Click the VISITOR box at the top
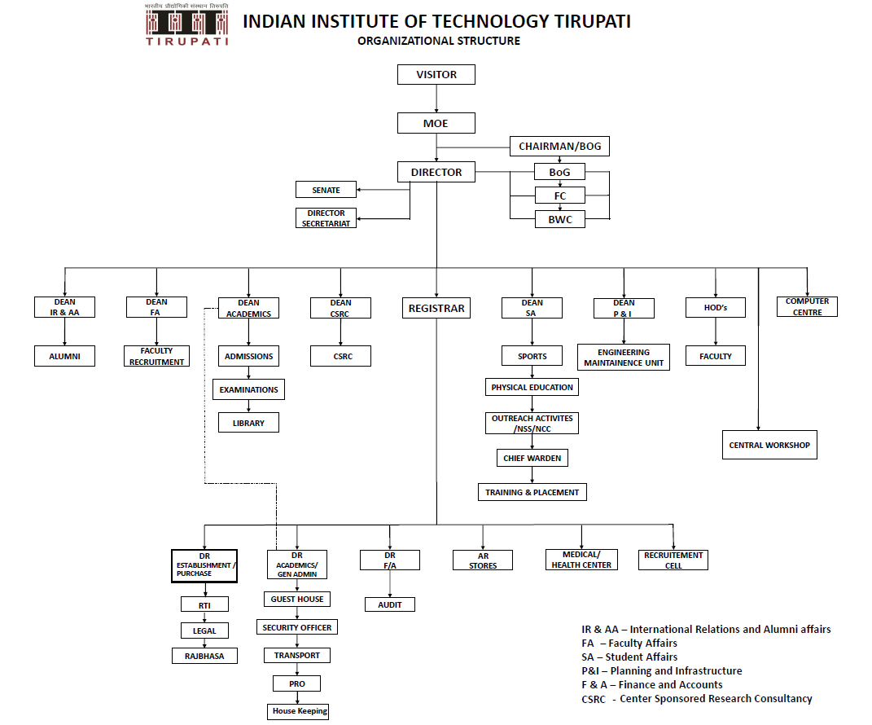436,75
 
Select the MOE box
436,124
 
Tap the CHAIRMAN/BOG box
559,147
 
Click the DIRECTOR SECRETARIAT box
326,218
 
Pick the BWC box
559,219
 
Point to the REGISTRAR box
436,309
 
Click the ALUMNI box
64,356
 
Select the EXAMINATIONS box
248,389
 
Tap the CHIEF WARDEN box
532,458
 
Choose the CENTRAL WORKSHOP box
769,446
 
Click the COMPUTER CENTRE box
807,306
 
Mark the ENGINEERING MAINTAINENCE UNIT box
624,358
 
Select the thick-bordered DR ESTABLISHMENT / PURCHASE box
205,565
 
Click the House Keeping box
300,711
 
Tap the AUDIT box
390,604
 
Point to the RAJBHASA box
204,656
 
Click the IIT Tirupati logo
186,24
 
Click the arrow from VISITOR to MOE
436,99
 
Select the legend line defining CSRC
696,698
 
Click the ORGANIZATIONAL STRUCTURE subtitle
438,41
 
